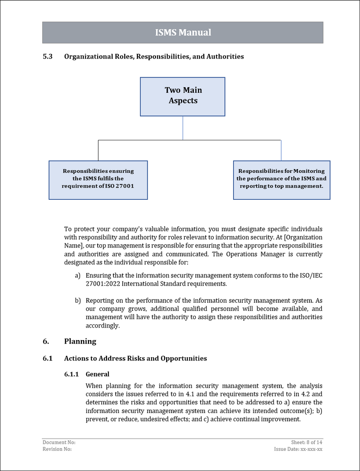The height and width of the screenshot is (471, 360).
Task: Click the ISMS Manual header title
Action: pyautogui.click(x=183, y=32)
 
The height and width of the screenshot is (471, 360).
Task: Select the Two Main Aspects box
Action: pyautogui.click(x=183, y=96)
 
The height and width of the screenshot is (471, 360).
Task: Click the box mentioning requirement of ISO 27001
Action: pyautogui.click(x=98, y=179)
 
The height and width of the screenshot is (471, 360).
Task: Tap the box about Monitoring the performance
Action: pyautogui.click(x=281, y=179)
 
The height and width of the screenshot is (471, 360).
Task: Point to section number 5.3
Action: pyautogui.click(x=47, y=57)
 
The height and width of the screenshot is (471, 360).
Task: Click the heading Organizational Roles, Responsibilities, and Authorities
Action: pyautogui.click(x=154, y=57)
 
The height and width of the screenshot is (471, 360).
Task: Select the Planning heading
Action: pyautogui.click(x=80, y=341)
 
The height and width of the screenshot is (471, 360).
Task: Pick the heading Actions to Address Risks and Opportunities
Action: pyautogui.click(x=135, y=359)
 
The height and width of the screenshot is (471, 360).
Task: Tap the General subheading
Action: pyautogui.click(x=97, y=374)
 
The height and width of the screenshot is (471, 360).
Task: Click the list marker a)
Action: pyautogui.click(x=77, y=275)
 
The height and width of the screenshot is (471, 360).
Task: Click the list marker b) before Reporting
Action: pyautogui.click(x=77, y=300)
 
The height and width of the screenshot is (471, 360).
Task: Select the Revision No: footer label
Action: pyautogui.click(x=57, y=449)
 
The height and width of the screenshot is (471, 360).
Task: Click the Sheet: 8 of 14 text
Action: pyautogui.click(x=306, y=443)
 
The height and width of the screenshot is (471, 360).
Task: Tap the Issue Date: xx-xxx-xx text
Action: pyautogui.click(x=298, y=449)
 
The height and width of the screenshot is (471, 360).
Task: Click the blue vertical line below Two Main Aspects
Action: pyautogui.click(x=183, y=128)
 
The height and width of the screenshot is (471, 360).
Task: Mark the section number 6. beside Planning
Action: pyautogui.click(x=45, y=341)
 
